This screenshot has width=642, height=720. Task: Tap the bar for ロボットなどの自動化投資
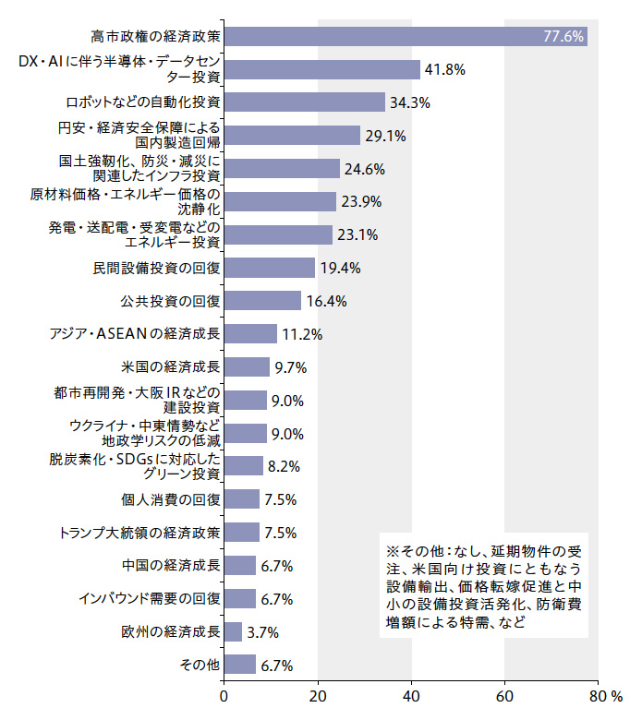click(x=304, y=102)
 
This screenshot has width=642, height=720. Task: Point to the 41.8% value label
click(x=444, y=69)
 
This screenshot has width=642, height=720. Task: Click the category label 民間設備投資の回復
click(x=156, y=269)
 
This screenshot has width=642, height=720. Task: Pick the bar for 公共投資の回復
click(x=262, y=301)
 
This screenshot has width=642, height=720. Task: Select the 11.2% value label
click(x=301, y=334)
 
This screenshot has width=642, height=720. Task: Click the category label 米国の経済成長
click(x=171, y=367)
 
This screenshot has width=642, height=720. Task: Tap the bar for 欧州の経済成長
click(x=233, y=632)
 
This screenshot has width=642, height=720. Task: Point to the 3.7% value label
click(x=262, y=633)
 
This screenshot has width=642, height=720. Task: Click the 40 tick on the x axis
click(x=411, y=693)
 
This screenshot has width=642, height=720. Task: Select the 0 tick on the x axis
click(x=224, y=693)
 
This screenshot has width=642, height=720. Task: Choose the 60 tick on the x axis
click(x=504, y=693)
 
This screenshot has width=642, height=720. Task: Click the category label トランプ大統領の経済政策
click(x=139, y=533)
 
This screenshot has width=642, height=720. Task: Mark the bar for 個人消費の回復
click(x=241, y=499)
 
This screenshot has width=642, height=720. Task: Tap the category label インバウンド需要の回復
click(x=149, y=599)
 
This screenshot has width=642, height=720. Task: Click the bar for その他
click(x=239, y=665)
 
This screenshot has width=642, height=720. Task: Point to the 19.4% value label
click(x=339, y=269)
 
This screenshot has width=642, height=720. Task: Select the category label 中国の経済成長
click(x=171, y=566)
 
